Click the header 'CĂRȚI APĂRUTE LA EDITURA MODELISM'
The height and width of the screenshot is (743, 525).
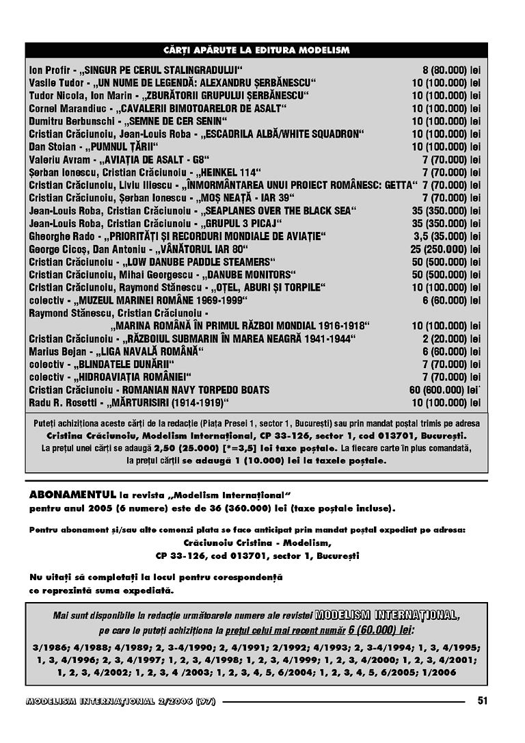tap(256, 51)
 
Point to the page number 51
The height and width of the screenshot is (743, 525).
tap(483, 700)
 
